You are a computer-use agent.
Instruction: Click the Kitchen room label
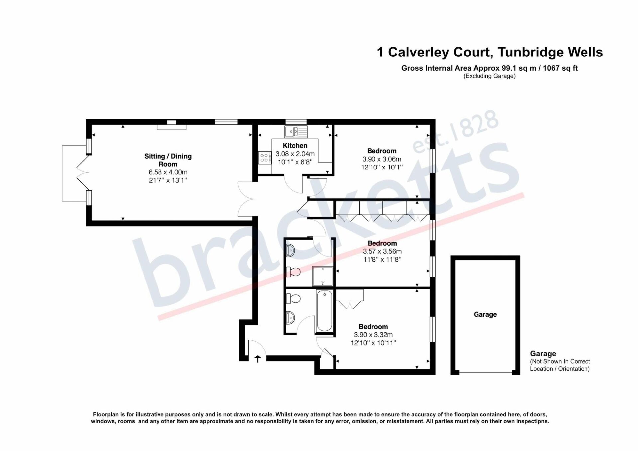click(x=295, y=146)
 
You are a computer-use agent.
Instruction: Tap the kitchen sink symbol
click(x=296, y=131)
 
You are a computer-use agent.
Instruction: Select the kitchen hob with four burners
click(x=265, y=158)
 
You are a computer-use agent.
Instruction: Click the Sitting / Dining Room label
click(x=168, y=160)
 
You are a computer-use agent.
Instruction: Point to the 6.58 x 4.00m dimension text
click(x=168, y=172)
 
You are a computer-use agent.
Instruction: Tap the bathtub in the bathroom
click(x=324, y=311)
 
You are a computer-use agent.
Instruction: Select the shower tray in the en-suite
click(x=322, y=276)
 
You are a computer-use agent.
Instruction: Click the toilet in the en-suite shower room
click(x=293, y=272)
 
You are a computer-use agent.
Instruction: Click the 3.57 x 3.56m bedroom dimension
click(x=382, y=251)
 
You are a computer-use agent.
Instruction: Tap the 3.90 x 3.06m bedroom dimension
click(x=382, y=159)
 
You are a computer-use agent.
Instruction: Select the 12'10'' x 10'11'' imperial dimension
click(x=373, y=343)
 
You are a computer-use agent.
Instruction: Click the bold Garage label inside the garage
click(x=485, y=314)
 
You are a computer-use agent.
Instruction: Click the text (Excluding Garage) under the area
click(x=489, y=76)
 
